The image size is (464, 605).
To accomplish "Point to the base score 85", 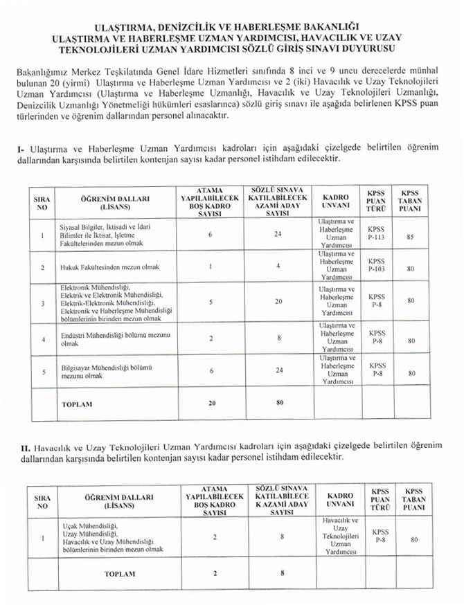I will point(411,237).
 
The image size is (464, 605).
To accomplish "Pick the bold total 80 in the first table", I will point(279,402).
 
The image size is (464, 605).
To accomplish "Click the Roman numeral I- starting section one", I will point(19,148).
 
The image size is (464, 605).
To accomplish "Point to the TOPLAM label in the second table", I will point(120,574).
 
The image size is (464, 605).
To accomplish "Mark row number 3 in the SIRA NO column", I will point(43,303).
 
